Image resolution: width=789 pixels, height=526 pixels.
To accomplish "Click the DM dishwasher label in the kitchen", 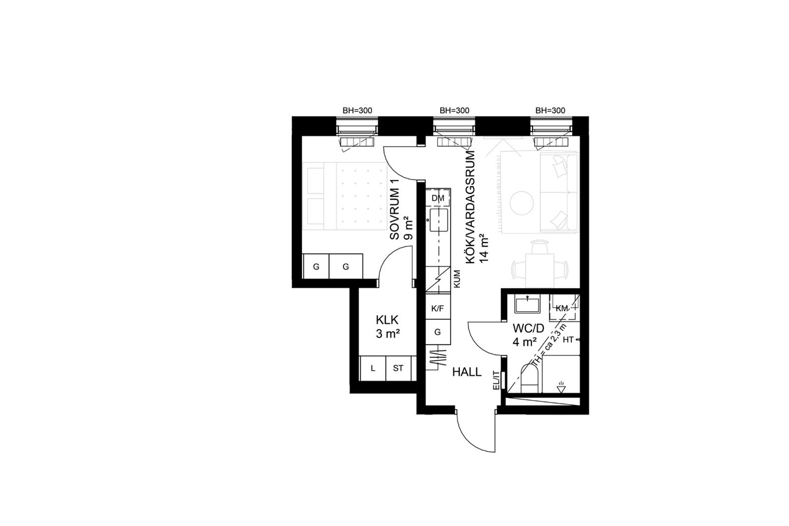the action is click(438, 198).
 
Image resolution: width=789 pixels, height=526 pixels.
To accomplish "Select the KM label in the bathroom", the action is click(562, 308).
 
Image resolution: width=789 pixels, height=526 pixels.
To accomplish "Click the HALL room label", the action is click(467, 372).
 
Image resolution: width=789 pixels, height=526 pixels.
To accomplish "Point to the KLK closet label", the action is click(387, 320).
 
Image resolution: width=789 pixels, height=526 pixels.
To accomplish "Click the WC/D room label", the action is click(529, 329).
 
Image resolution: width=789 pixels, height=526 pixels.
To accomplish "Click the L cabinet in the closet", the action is click(373, 368).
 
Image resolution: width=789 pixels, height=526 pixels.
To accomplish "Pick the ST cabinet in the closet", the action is click(399, 368).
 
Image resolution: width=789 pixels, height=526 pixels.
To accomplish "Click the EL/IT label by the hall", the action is click(496, 380).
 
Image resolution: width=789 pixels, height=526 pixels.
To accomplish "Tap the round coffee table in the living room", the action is click(522, 203).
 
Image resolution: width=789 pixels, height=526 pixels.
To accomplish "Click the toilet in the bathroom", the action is click(530, 379).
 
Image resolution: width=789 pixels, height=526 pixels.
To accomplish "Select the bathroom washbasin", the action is click(527, 305).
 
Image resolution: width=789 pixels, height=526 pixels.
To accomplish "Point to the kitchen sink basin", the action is click(438, 220).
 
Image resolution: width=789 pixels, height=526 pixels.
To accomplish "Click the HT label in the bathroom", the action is click(568, 340).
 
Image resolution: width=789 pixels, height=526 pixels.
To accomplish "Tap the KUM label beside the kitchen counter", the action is click(457, 279).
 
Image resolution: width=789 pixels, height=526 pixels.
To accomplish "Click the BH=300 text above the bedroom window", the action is click(357, 110).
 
